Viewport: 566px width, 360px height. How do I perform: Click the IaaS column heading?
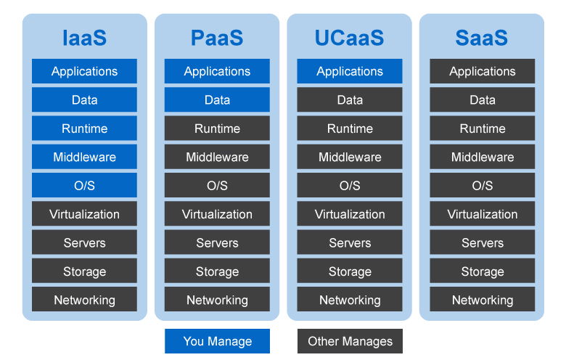(x=84, y=38)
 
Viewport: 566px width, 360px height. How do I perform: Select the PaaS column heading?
(x=217, y=38)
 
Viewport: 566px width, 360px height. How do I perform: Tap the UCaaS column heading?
(x=350, y=38)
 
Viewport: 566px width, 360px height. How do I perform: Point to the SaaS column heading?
(x=482, y=38)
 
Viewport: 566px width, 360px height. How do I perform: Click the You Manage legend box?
(x=217, y=341)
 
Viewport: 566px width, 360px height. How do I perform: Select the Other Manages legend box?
(x=350, y=341)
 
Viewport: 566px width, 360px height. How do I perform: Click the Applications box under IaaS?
(x=84, y=71)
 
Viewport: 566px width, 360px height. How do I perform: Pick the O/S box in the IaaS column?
(x=84, y=186)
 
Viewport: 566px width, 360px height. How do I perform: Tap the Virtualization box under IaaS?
(x=84, y=214)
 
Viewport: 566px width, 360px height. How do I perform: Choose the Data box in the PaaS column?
(x=217, y=99)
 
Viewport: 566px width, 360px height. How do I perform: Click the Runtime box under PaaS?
(x=217, y=128)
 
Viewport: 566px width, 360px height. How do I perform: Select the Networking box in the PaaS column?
(x=217, y=300)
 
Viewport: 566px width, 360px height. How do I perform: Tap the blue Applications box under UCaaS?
(x=350, y=71)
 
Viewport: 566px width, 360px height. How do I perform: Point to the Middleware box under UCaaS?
(x=350, y=157)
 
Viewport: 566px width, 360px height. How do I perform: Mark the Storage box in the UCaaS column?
(x=350, y=271)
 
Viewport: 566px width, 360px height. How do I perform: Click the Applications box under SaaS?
(x=482, y=71)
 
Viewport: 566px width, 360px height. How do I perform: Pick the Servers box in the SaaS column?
(x=482, y=243)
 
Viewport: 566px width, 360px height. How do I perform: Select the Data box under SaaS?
(x=482, y=99)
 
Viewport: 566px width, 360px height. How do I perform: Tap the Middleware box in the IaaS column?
(x=84, y=157)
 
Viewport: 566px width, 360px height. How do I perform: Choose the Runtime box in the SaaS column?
(x=482, y=128)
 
